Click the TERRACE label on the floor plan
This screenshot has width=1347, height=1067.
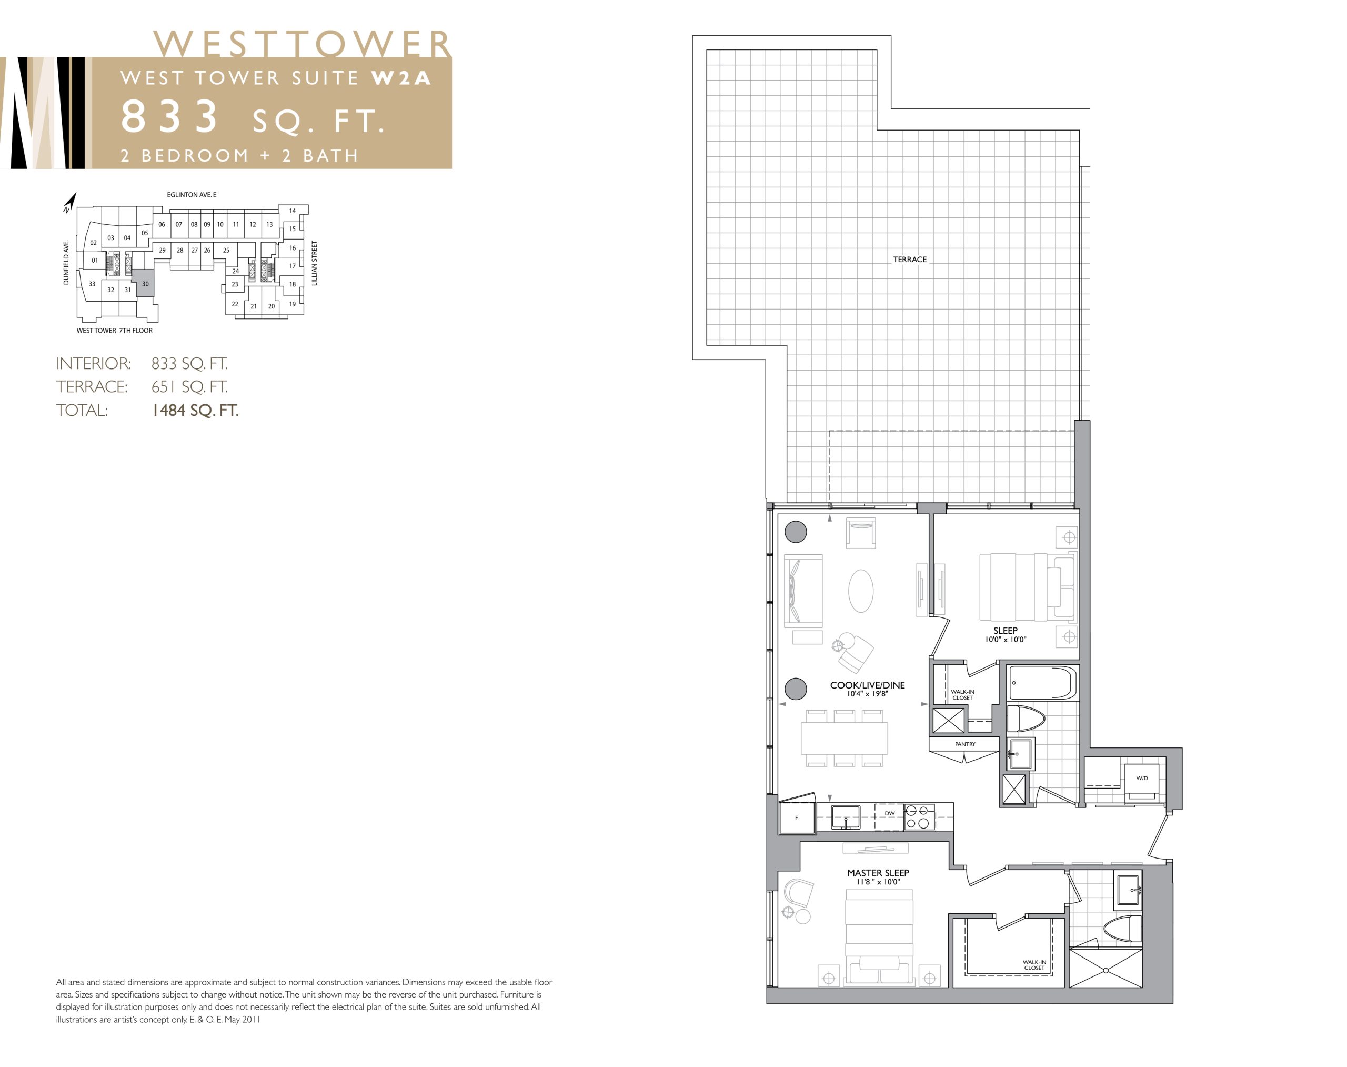point(909,260)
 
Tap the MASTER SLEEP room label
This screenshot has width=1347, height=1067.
point(878,873)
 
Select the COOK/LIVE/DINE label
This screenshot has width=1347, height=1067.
point(867,685)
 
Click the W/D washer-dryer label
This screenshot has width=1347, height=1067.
point(1142,778)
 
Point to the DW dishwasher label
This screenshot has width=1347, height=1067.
point(889,813)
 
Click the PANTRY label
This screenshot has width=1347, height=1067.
point(965,744)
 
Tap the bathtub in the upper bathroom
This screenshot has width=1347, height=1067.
point(1042,682)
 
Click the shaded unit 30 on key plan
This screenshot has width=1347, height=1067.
point(145,284)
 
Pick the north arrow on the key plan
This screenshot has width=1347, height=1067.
point(69,203)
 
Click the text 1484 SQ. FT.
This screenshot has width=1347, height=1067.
point(195,411)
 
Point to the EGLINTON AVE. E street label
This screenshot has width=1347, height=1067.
point(192,195)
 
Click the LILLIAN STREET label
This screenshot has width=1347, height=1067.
point(314,263)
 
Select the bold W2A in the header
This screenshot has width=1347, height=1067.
point(401,78)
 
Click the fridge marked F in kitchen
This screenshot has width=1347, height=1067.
point(797,817)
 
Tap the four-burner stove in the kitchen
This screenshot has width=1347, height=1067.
point(920,816)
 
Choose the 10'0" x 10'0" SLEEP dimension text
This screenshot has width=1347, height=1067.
point(1006,640)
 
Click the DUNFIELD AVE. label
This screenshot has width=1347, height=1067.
point(66,262)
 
